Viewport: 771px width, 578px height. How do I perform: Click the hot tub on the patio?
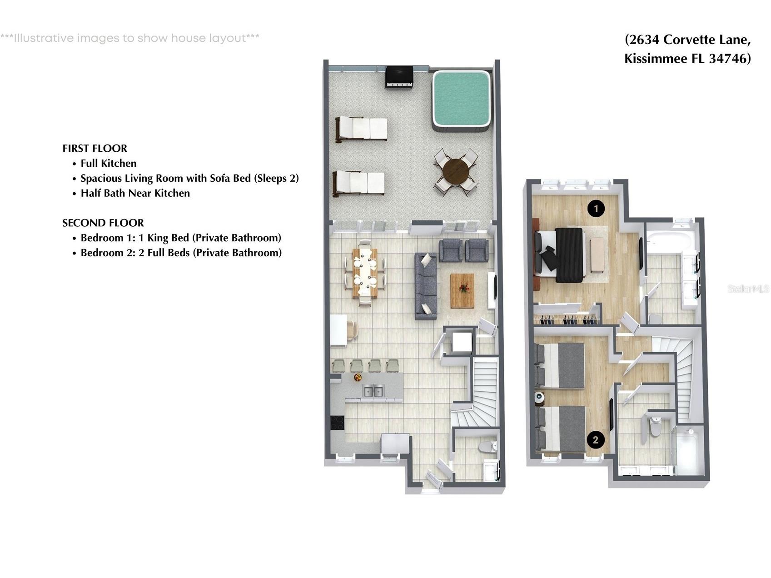click(461, 100)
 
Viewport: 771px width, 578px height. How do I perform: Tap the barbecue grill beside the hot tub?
click(399, 76)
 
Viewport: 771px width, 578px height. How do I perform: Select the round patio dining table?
click(456, 172)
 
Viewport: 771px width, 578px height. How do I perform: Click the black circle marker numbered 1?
click(596, 209)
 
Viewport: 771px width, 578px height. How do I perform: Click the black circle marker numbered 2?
click(595, 439)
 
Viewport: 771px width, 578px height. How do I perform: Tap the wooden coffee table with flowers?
click(462, 290)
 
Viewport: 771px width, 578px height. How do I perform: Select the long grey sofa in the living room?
click(426, 286)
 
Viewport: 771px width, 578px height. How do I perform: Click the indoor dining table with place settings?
click(364, 273)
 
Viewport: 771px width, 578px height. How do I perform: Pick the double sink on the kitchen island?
click(373, 390)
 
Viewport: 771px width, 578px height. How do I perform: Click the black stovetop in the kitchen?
click(337, 423)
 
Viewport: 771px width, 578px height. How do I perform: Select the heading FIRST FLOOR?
click(95, 149)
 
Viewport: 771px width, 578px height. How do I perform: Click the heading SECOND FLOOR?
click(103, 223)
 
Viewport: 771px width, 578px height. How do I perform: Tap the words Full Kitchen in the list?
click(108, 164)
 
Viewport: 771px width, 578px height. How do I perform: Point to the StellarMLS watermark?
click(748, 289)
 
